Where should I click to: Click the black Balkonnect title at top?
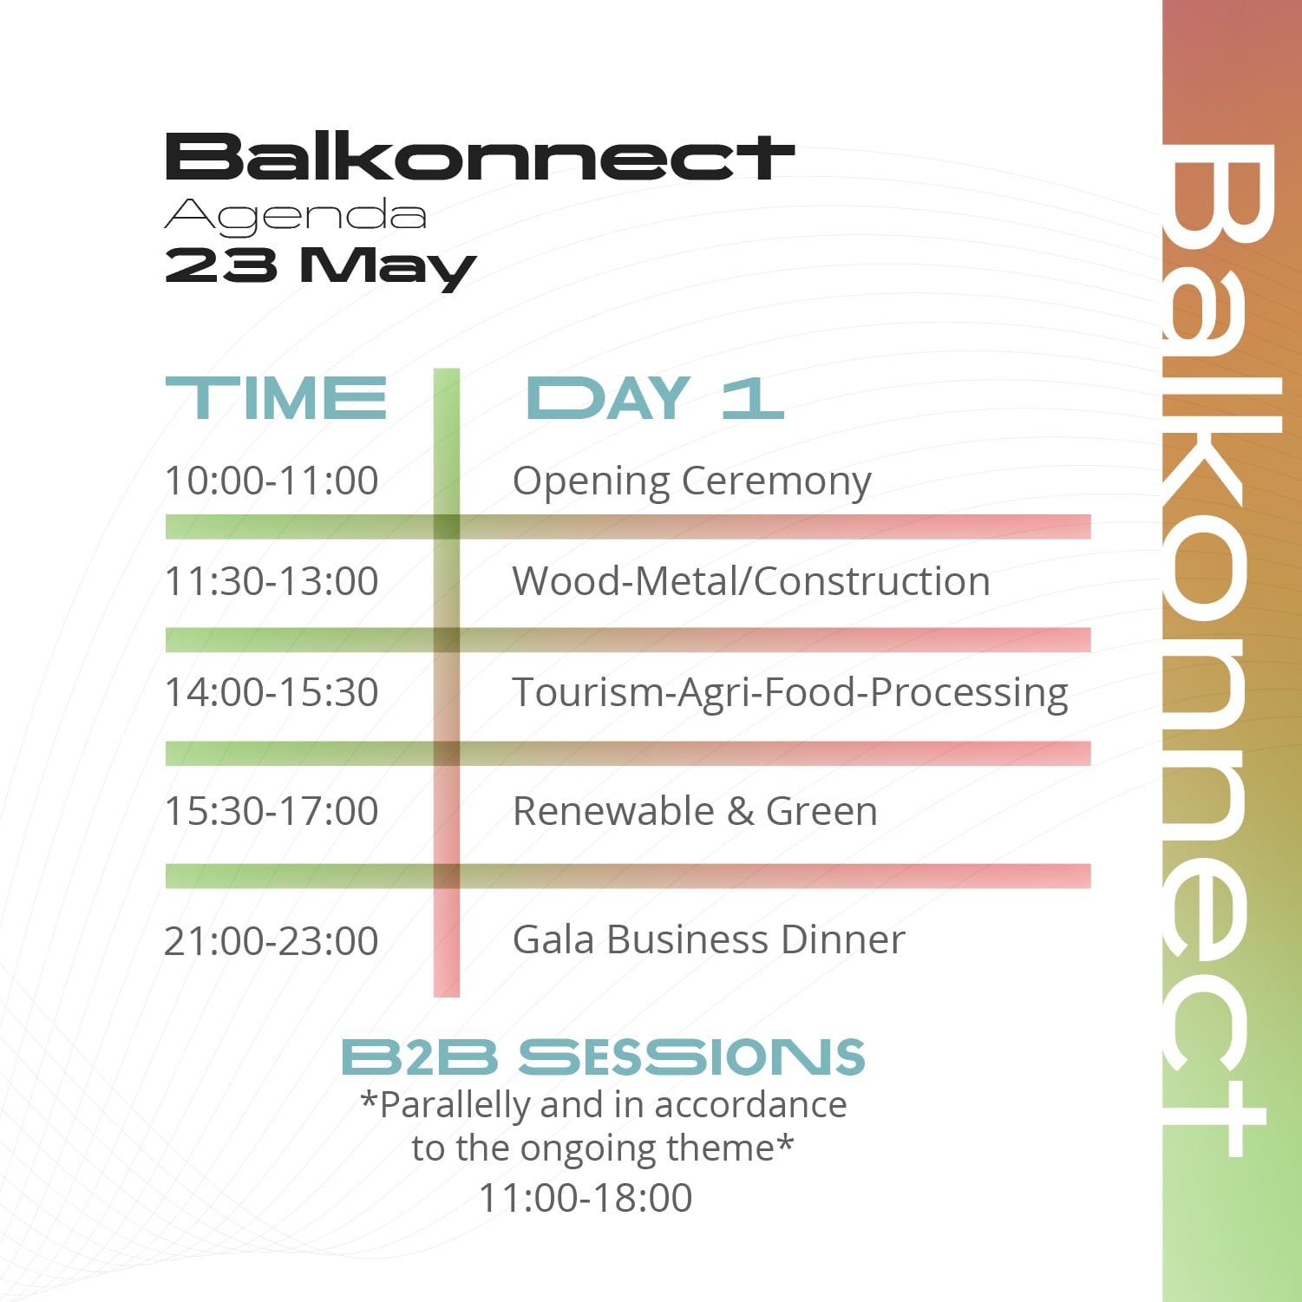click(480, 157)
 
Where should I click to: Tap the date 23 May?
click(320, 266)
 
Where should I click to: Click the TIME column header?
click(276, 399)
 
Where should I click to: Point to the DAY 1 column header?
click(655, 399)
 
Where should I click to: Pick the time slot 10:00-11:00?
click(272, 481)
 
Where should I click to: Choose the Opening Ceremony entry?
click(691, 481)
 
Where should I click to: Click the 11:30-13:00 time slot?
click(272, 581)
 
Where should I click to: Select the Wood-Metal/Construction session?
click(751, 581)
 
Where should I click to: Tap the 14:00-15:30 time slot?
click(272, 692)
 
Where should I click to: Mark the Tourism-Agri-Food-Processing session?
click(790, 694)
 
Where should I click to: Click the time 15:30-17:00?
click(272, 811)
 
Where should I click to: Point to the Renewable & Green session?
click(695, 811)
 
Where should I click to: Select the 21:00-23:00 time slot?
click(272, 940)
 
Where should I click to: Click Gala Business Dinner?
click(709, 939)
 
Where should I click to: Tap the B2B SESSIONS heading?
click(604, 1057)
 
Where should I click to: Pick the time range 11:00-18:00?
click(586, 1198)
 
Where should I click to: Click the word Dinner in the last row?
click(842, 939)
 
